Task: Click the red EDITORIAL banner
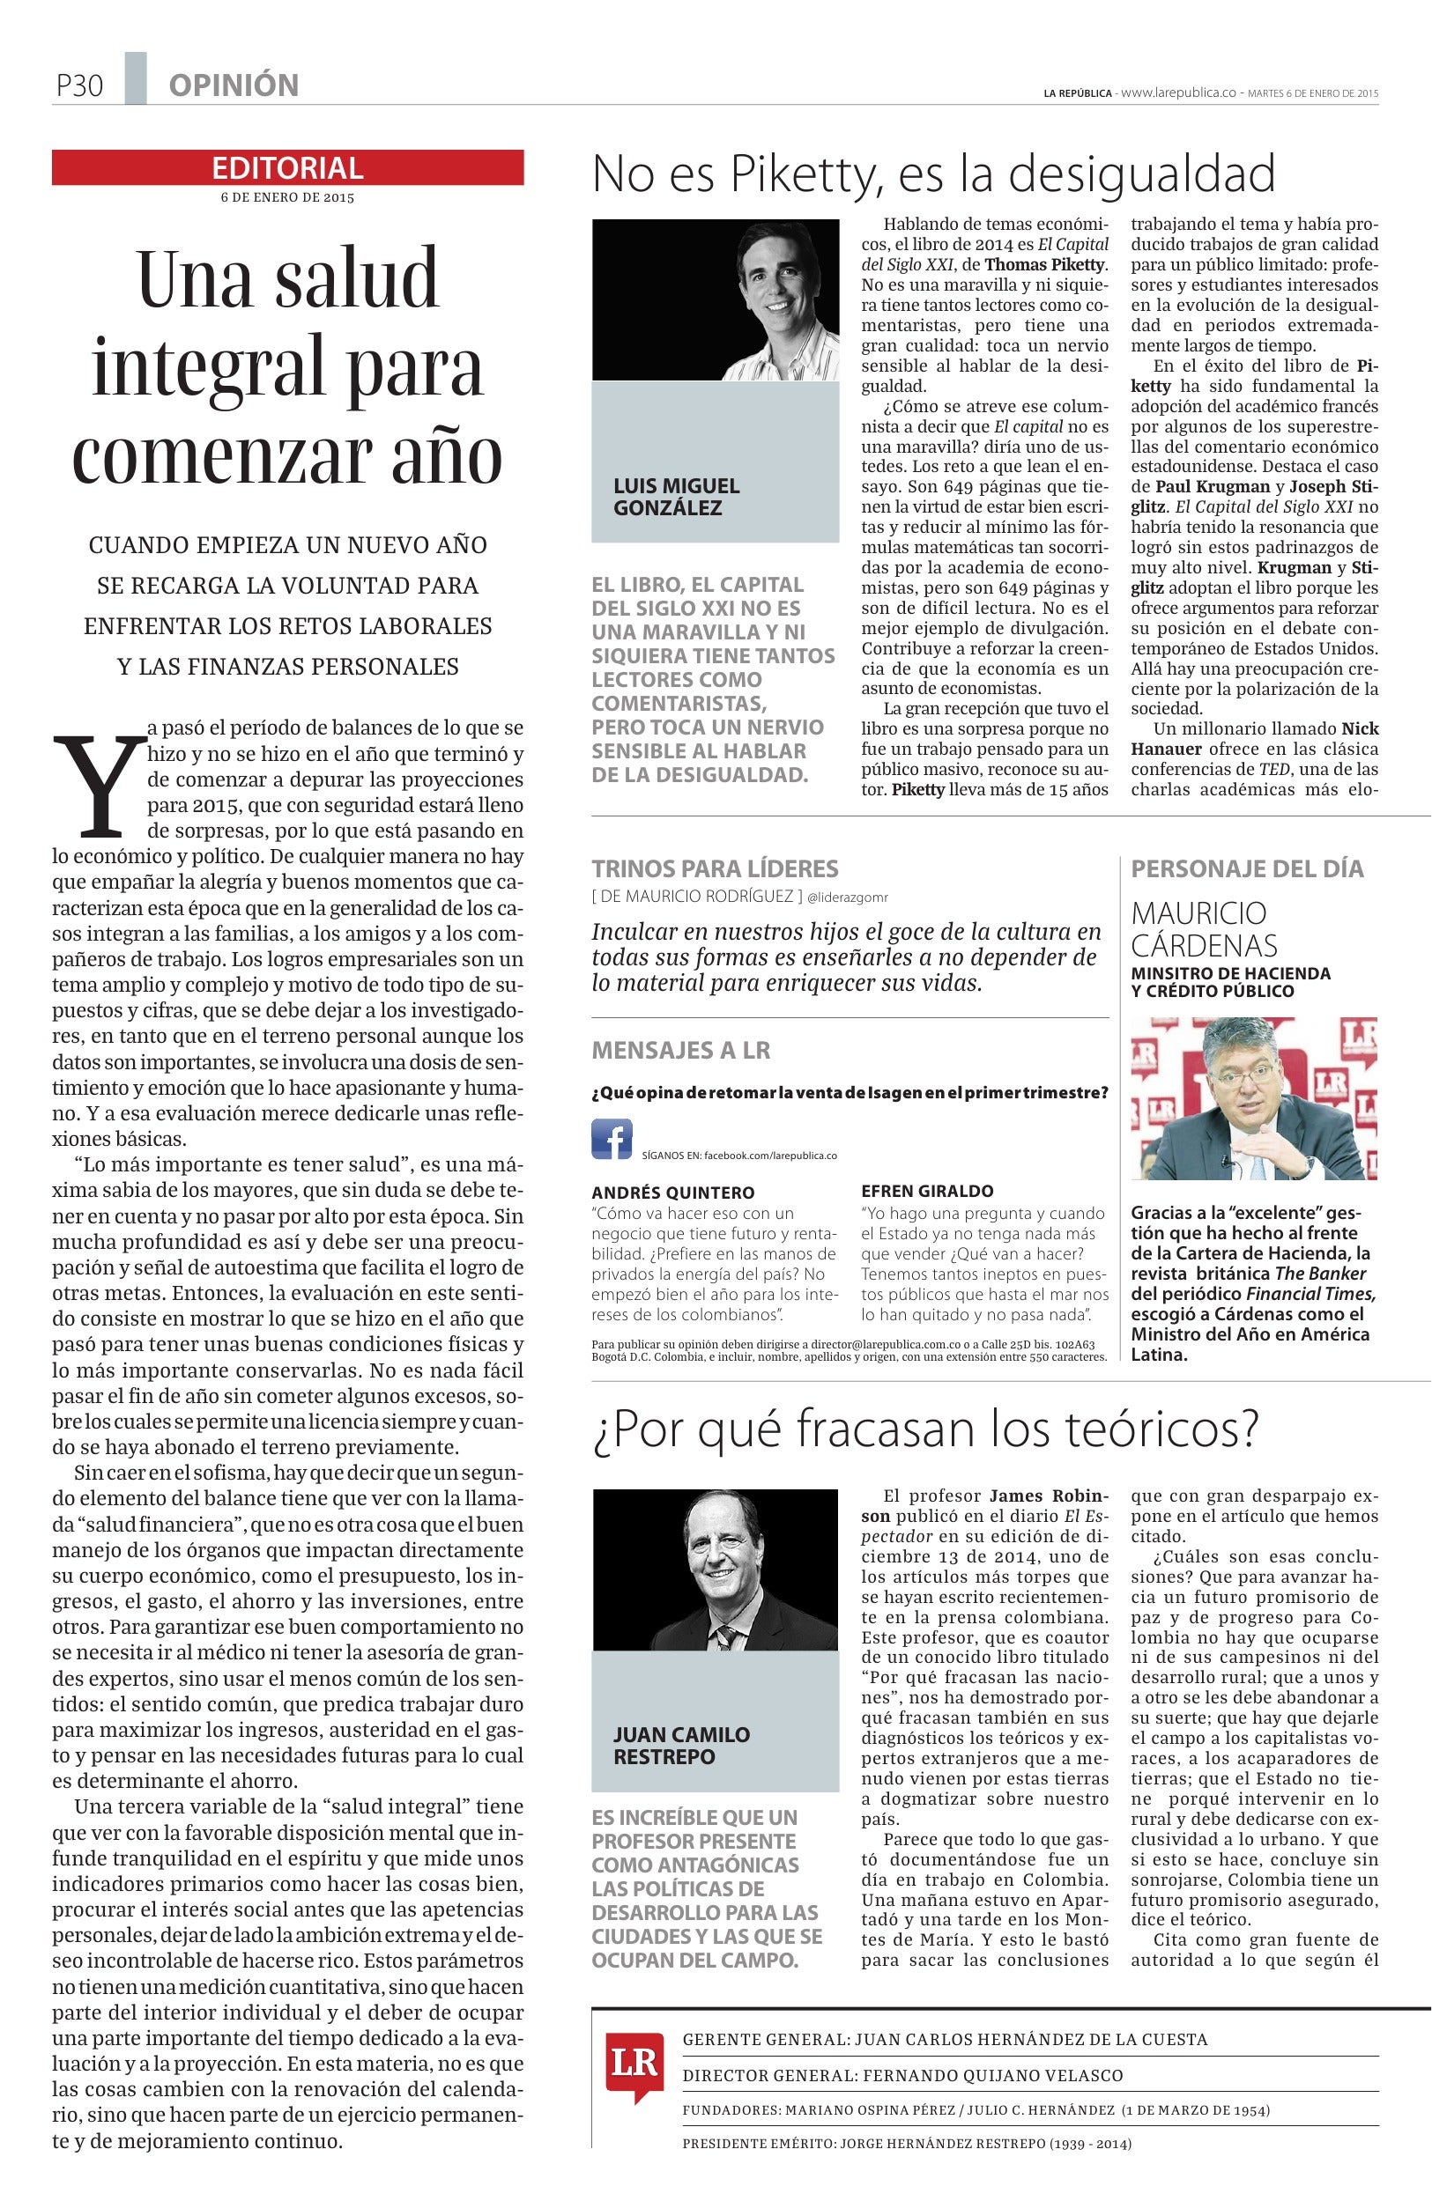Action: [286, 167]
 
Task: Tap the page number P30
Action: [78, 86]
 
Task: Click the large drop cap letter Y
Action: [99, 782]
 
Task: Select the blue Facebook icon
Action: [612, 1139]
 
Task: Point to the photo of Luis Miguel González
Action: [714, 299]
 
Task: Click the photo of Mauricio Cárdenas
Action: [1253, 1097]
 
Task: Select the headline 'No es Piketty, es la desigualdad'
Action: [932, 173]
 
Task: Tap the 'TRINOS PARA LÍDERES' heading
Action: [714, 868]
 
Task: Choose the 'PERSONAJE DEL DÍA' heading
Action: [1247, 868]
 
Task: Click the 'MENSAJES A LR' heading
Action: [680, 1050]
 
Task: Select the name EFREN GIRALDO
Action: [927, 1191]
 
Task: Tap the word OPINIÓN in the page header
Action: [234, 86]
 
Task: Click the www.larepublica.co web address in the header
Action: [1178, 93]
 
